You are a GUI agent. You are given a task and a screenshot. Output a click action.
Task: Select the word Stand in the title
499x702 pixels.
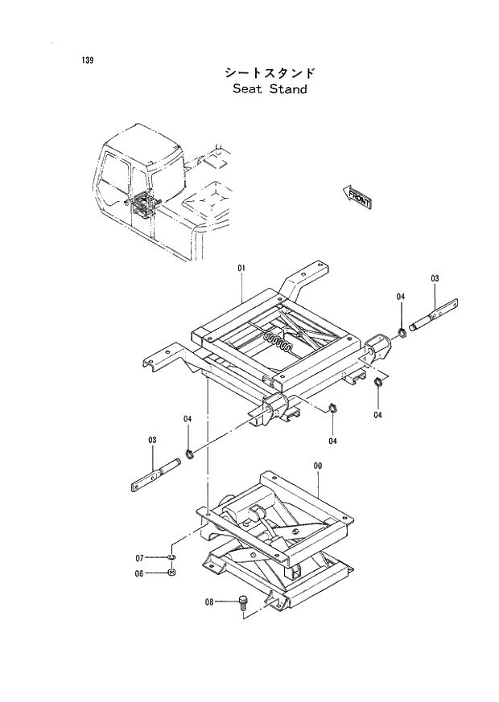click(289, 89)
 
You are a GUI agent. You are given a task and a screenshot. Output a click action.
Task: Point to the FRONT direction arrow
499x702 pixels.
click(357, 196)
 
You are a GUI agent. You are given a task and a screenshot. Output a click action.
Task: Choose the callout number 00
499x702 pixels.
click(317, 466)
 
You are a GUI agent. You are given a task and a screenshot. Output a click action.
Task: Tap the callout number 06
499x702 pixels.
click(138, 573)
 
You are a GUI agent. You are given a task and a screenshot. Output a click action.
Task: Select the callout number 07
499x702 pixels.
click(138, 557)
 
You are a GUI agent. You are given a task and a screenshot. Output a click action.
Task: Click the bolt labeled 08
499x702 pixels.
click(243, 603)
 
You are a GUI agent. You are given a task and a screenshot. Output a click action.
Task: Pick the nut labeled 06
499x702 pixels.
click(172, 573)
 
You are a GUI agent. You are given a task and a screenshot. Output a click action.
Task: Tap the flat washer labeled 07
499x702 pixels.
click(172, 556)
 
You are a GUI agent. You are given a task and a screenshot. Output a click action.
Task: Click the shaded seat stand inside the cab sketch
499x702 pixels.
click(142, 206)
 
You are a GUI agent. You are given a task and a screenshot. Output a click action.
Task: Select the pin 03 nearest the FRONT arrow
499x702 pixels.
click(435, 317)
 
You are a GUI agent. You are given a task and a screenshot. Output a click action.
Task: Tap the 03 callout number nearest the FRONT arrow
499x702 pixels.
click(435, 279)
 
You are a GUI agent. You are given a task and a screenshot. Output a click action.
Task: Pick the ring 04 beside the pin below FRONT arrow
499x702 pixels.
click(400, 331)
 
